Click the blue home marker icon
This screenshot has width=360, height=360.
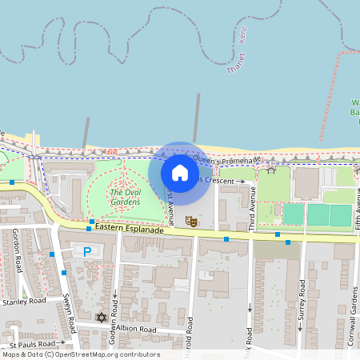180,172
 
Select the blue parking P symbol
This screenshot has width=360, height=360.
87,251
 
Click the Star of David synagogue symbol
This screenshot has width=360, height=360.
102,318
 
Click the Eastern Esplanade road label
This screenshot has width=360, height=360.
129,230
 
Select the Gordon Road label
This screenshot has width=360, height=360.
17,244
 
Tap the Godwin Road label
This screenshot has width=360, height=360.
114,305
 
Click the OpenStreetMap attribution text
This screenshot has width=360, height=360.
81,354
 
